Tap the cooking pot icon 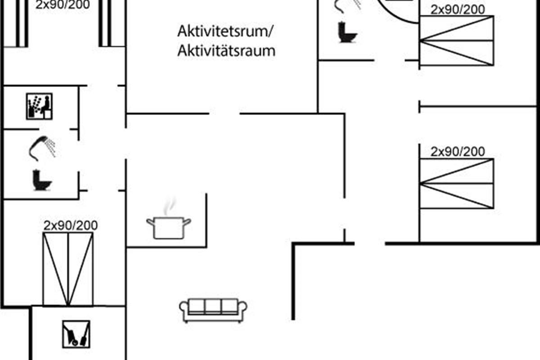pos(169,228)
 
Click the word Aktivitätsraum pos(226,51)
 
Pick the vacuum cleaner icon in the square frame pos(76,334)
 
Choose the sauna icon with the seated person pos(39,106)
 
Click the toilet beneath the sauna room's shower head pos(42,180)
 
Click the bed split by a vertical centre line pos(68,269)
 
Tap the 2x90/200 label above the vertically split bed pos(71,225)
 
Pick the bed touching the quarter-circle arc pos(456,40)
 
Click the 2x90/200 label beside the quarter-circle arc pos(458,9)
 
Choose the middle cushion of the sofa pos(213,306)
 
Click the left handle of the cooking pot pos(150,221)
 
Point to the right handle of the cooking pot pos(188,221)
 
